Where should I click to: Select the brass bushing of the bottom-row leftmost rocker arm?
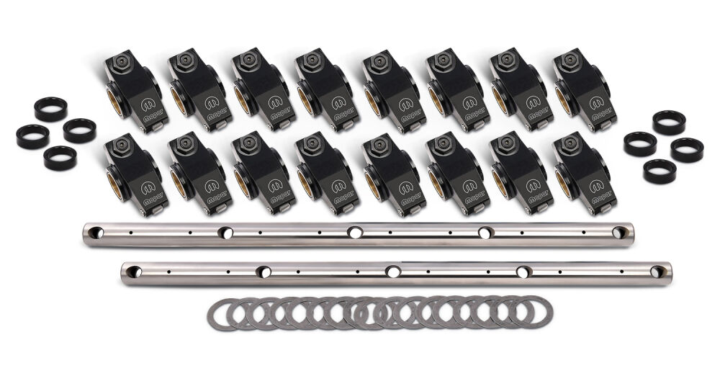114,184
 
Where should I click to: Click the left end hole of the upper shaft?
96,232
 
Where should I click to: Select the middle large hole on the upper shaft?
354,233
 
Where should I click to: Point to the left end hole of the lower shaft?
133,272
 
